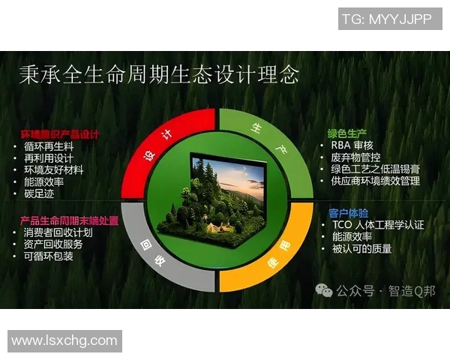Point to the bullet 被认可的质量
click(x=361, y=248)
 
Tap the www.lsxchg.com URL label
click(x=64, y=340)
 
